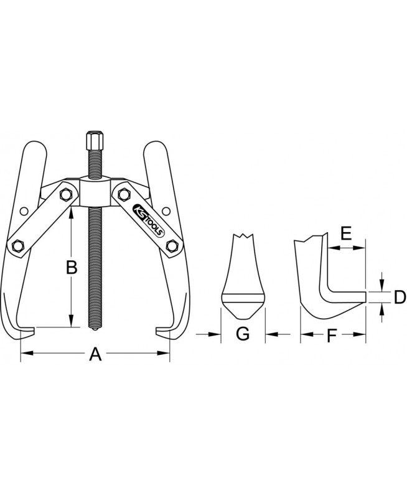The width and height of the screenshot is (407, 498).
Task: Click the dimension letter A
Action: (x=95, y=354)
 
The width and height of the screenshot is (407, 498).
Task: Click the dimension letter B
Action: (x=72, y=268)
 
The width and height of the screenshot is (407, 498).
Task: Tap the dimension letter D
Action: (x=400, y=298)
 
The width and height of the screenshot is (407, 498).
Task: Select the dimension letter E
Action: (x=346, y=233)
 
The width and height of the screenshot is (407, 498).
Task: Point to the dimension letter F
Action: (x=332, y=336)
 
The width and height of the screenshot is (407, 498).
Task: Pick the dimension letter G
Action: (x=243, y=334)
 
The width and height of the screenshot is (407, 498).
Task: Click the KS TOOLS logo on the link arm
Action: (x=149, y=220)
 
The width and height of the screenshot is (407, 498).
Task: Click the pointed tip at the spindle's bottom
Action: (x=95, y=329)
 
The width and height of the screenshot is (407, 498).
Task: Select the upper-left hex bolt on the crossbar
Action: (x=65, y=194)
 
